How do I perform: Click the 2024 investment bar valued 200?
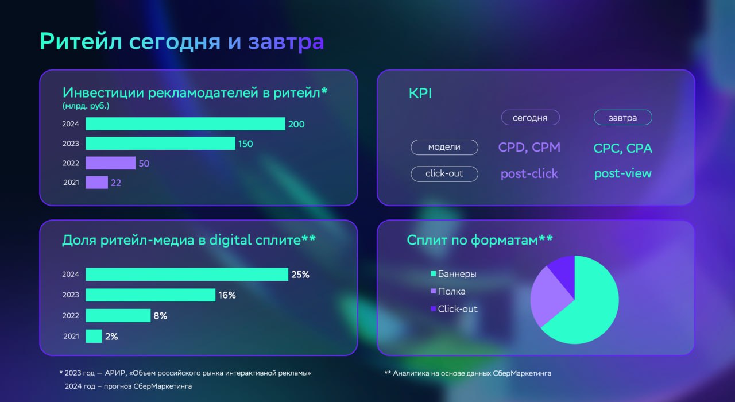(185, 123)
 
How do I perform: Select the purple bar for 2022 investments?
(111, 163)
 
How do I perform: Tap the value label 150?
(245, 144)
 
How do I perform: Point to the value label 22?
(116, 183)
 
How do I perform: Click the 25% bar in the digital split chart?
(187, 274)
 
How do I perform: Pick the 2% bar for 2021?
(94, 336)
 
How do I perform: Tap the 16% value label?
(227, 295)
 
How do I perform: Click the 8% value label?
(160, 316)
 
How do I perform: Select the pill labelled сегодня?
(530, 118)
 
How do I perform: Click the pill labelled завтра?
(623, 118)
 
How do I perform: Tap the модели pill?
(444, 148)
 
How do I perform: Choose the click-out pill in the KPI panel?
(444, 173)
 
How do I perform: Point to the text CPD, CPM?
(529, 148)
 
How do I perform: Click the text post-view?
(623, 173)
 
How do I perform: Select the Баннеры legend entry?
(454, 274)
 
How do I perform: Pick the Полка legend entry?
(448, 291)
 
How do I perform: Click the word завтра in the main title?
(286, 42)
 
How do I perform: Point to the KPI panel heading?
(420, 93)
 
